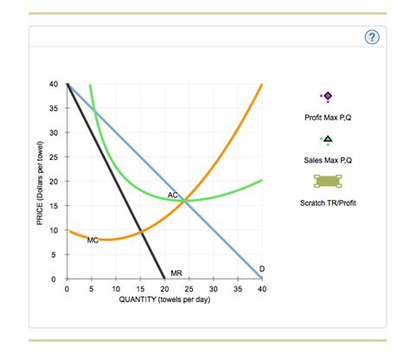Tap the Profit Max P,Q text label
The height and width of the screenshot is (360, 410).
coord(328,116)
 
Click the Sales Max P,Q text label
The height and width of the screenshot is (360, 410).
coord(328,160)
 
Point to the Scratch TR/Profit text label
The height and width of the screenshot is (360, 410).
coord(328,203)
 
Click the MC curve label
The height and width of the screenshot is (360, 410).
coord(93,240)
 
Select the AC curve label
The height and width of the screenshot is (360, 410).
coord(173,196)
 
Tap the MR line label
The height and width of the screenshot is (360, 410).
coord(176,273)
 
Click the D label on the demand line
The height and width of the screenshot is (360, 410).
coord(262,269)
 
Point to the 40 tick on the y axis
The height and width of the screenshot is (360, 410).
coord(54,84)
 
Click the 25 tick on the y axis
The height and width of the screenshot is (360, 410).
coord(54,157)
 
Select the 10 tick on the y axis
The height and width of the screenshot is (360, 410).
coord(54,231)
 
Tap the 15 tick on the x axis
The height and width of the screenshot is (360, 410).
coord(140,289)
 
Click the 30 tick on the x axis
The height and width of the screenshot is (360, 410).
coord(214,289)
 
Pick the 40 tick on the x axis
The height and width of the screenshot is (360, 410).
coord(262,289)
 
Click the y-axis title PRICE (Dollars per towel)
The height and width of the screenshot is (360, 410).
coord(40,182)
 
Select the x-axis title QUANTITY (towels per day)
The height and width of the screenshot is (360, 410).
coord(164,300)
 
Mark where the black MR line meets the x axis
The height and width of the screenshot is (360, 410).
coord(164,280)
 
